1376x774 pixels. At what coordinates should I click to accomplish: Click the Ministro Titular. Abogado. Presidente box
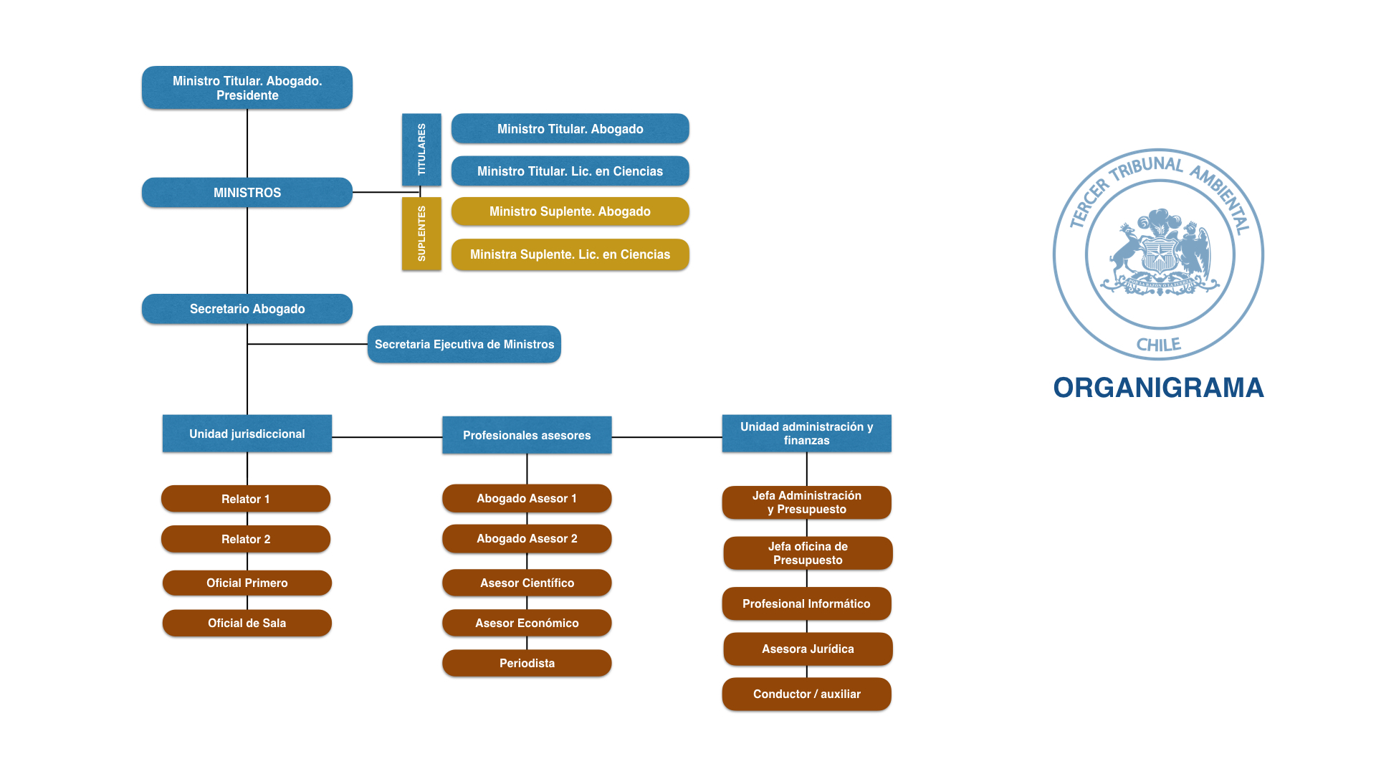pyautogui.click(x=247, y=87)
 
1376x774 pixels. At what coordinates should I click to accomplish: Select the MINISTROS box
pyautogui.click(x=247, y=193)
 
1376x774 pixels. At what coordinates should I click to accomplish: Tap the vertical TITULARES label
pyautogui.click(x=421, y=149)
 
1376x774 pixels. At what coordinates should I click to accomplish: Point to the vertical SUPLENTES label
pyautogui.click(x=421, y=234)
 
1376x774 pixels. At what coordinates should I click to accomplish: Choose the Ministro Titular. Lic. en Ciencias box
pyautogui.click(x=570, y=171)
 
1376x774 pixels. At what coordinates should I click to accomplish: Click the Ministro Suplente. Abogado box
pyautogui.click(x=570, y=211)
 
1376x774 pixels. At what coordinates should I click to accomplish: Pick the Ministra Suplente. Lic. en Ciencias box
pyautogui.click(x=570, y=254)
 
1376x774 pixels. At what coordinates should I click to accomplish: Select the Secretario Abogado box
pyautogui.click(x=247, y=309)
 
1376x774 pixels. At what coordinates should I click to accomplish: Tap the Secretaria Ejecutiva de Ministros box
pyautogui.click(x=464, y=344)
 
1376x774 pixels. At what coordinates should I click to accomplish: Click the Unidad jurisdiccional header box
pyautogui.click(x=247, y=434)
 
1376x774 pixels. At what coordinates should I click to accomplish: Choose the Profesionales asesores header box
pyautogui.click(x=527, y=435)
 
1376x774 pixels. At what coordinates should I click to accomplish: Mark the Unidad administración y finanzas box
pyautogui.click(x=806, y=434)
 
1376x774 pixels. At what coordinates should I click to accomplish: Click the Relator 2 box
pyautogui.click(x=246, y=539)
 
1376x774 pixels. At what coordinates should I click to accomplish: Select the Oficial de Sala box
pyautogui.click(x=247, y=623)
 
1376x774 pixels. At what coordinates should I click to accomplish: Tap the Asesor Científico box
pyautogui.click(x=527, y=583)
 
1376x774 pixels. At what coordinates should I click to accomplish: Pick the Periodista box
pyautogui.click(x=527, y=663)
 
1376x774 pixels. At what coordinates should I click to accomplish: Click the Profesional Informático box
pyautogui.click(x=806, y=603)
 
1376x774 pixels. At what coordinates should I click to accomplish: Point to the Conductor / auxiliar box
pyautogui.click(x=806, y=694)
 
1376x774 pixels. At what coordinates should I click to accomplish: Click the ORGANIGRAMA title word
pyautogui.click(x=1158, y=388)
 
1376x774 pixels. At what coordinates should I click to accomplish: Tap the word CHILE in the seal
pyautogui.click(x=1158, y=345)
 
